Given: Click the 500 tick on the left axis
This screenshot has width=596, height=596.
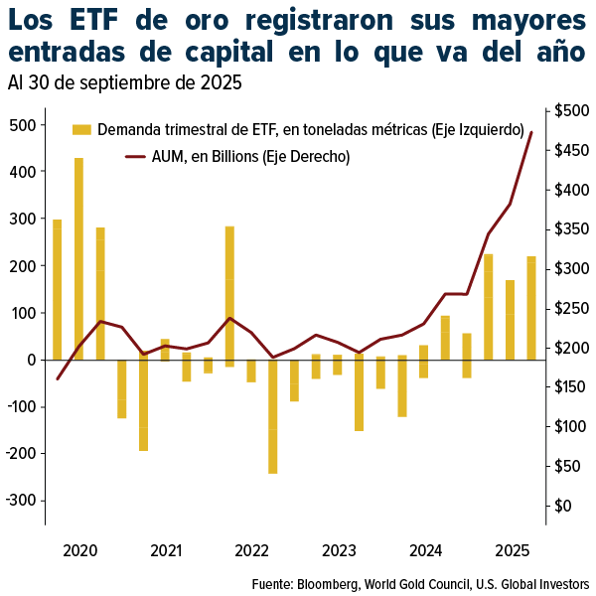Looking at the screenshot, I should click(22, 125).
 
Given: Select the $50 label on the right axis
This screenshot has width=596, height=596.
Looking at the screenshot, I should click(568, 466).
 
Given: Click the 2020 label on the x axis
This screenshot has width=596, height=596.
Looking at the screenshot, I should click(79, 550).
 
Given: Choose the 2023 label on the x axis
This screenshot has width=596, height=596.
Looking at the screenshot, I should click(339, 550).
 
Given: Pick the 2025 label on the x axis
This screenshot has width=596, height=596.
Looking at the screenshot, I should click(512, 550).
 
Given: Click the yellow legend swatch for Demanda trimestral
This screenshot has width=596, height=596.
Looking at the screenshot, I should click(81, 129).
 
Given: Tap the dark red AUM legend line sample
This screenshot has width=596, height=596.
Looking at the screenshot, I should click(135, 156).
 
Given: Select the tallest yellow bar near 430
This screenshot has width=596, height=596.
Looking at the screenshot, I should click(78, 258).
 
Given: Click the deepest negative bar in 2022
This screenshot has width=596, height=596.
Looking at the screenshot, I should click(273, 416).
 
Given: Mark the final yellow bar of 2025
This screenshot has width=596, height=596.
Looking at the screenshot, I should click(531, 308).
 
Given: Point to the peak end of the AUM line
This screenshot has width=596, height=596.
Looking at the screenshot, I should click(531, 132).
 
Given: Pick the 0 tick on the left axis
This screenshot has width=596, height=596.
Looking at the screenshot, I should click(32, 360).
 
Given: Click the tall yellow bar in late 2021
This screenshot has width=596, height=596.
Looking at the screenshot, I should click(229, 296).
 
